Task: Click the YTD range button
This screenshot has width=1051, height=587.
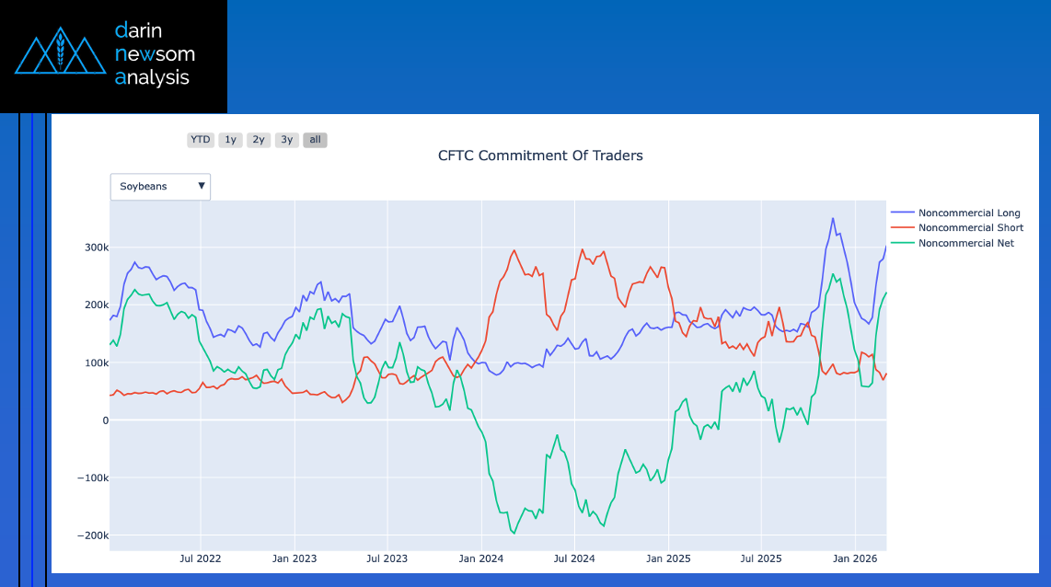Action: [x=200, y=140]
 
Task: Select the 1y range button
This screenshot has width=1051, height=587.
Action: [x=230, y=140]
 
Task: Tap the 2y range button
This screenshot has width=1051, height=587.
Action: [x=259, y=140]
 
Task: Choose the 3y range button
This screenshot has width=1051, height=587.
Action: [x=287, y=140]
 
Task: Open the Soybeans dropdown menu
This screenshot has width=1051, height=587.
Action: [x=160, y=187]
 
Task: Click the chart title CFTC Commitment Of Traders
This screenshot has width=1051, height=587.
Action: [x=540, y=155]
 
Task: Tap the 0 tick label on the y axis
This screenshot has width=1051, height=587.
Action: [x=105, y=420]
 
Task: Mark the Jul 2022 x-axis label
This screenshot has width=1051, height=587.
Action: [x=200, y=558]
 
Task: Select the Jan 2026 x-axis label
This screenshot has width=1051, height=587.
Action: [x=855, y=558]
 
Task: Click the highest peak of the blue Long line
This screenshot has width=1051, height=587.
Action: [x=833, y=219]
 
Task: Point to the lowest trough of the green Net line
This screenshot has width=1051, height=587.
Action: [x=513, y=534]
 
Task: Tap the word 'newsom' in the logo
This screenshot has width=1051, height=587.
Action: [x=154, y=53]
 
